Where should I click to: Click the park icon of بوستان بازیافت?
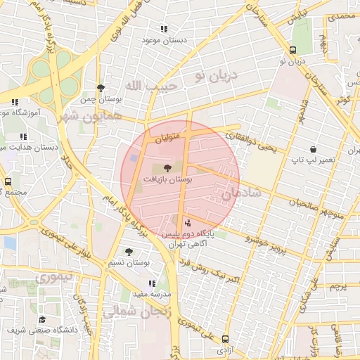click(x=167, y=168)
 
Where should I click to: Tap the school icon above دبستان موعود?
click(x=164, y=30)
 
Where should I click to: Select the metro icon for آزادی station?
click(x=225, y=338)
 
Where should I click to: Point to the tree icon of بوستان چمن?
click(x=101, y=89)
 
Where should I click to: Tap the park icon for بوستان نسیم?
click(x=128, y=251)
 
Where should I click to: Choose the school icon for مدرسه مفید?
click(x=152, y=283)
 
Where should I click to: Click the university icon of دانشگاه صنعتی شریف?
click(x=41, y=319)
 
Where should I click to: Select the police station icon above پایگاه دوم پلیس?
click(x=176, y=223)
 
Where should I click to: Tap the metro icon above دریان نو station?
click(x=292, y=49)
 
